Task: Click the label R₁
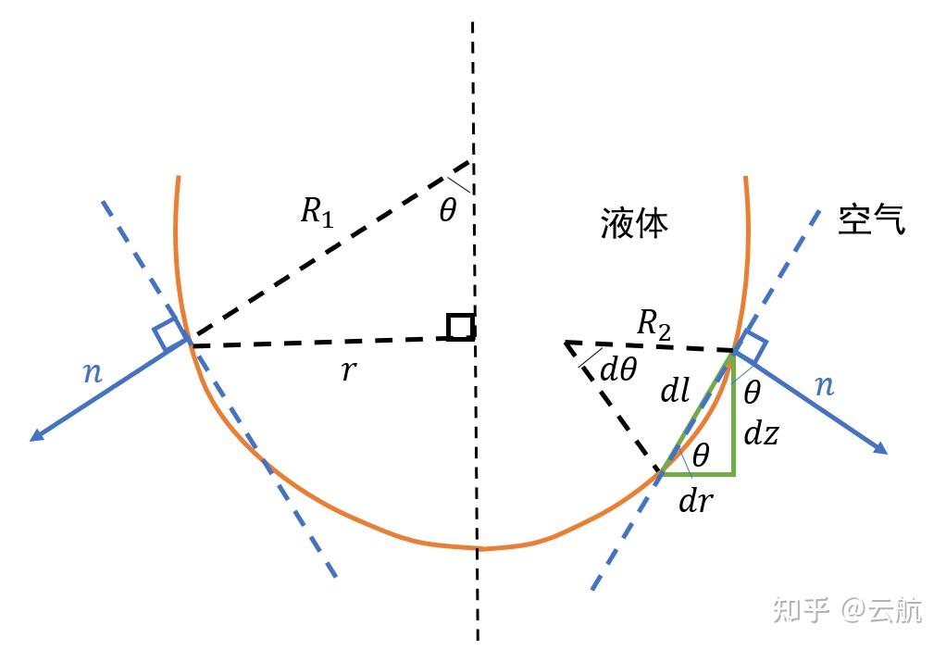pos(316,212)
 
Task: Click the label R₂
pos(654,325)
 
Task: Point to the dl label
pos(676,392)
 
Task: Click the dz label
pos(760,432)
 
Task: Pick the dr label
pos(694,501)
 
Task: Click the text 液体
pos(634,223)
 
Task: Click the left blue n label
pos(93,373)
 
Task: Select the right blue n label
pos(824,384)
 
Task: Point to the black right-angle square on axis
pos(460,327)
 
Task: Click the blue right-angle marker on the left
pos(171,334)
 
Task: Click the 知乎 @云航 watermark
pos(848,610)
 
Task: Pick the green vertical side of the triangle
pos(734,417)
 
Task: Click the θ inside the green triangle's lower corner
pos(701,455)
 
